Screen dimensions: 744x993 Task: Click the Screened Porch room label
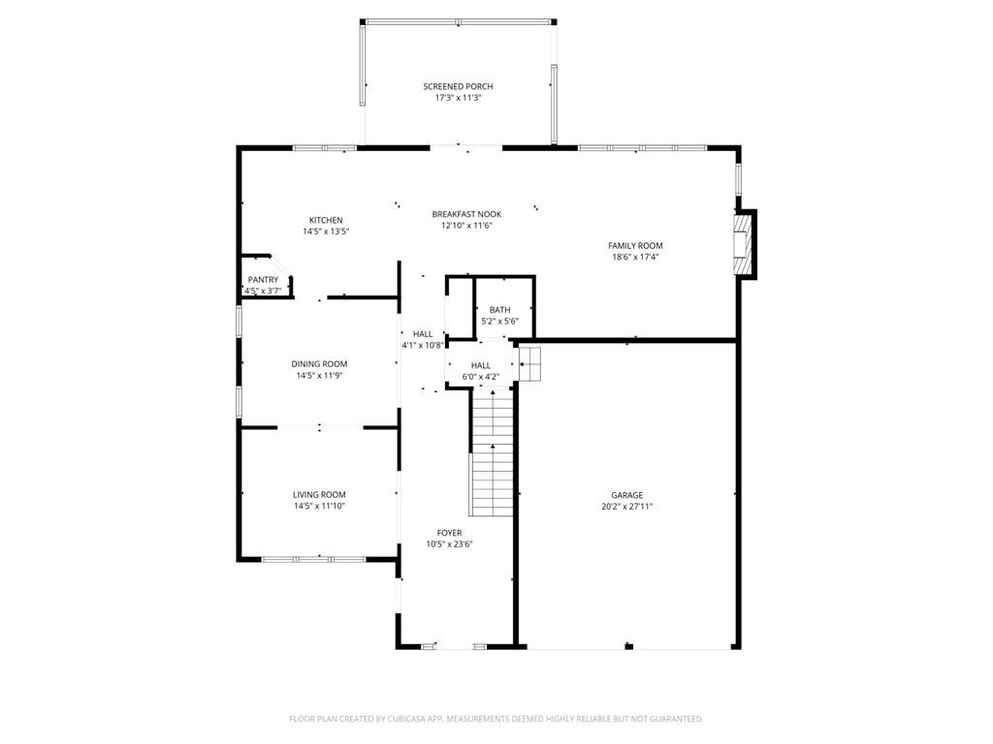[x=458, y=86]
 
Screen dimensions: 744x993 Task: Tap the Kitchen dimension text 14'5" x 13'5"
[x=326, y=232]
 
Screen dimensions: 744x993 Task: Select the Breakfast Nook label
[x=466, y=213]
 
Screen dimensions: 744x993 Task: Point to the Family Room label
[x=635, y=245]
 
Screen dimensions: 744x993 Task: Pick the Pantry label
[x=263, y=280]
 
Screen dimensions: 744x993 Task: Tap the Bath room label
[x=499, y=310]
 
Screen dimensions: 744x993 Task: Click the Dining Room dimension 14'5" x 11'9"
[x=319, y=375]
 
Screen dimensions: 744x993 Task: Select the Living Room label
[x=319, y=494]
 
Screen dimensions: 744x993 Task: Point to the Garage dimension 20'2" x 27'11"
[x=626, y=506]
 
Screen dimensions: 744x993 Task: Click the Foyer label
[x=449, y=532]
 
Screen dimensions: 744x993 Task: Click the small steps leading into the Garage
[x=529, y=365]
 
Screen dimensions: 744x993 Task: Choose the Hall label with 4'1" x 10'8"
[x=423, y=333]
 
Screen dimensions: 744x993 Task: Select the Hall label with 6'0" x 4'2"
[x=481, y=365]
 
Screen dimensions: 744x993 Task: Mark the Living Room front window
[x=313, y=559]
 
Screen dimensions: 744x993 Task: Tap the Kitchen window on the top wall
[x=325, y=148]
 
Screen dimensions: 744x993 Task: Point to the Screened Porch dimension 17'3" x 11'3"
[x=458, y=98]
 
